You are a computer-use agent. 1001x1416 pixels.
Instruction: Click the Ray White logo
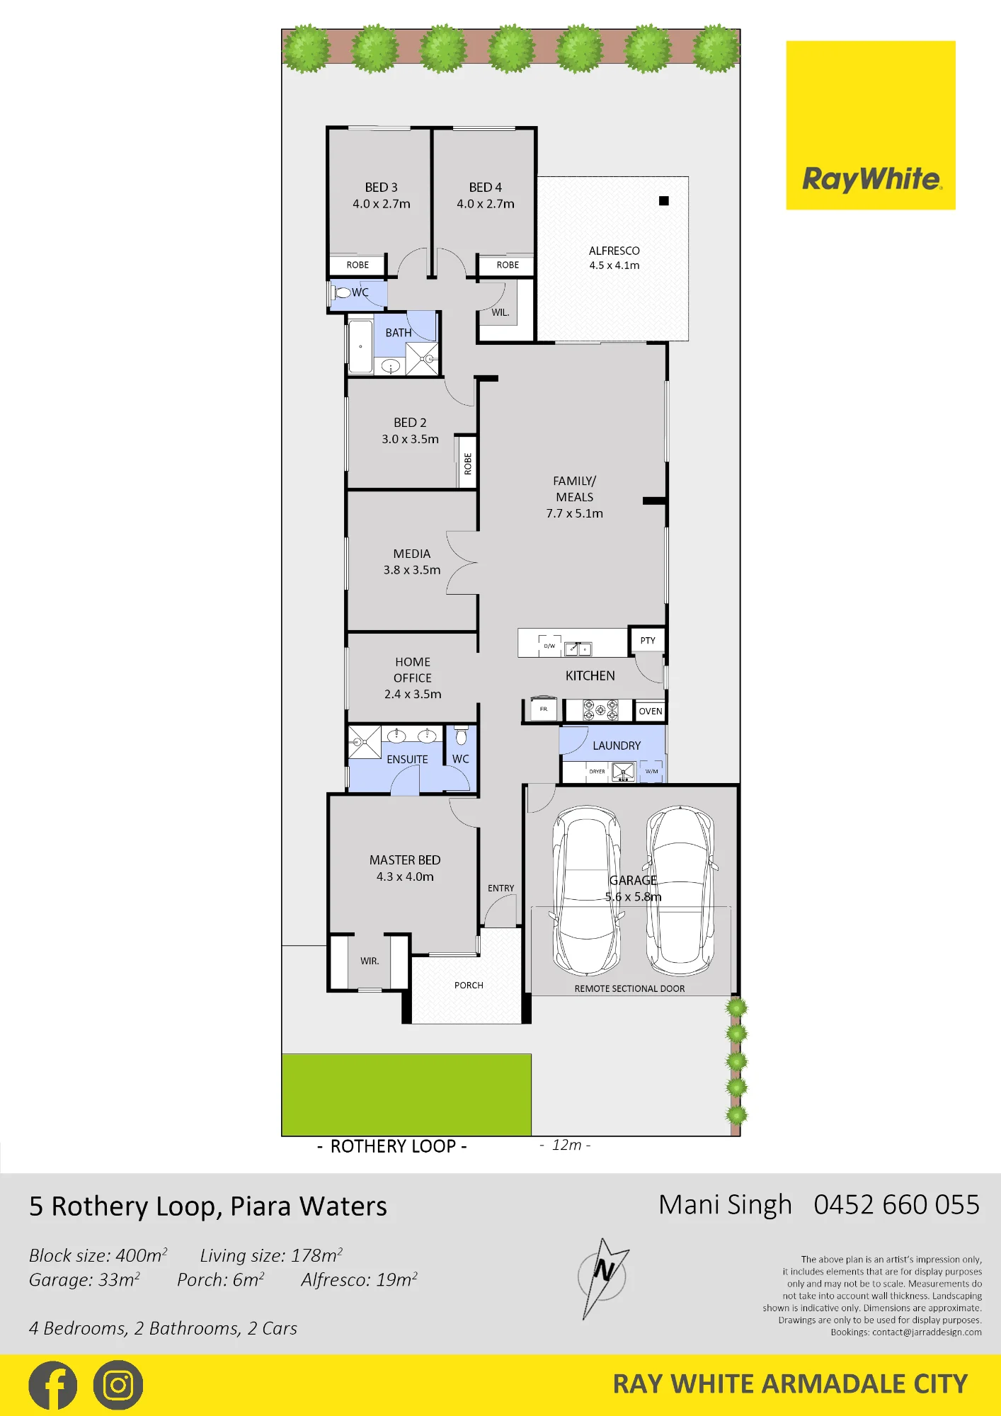(871, 125)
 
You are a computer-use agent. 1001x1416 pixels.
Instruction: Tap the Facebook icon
(53, 1386)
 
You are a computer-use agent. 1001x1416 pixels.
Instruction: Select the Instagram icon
(118, 1386)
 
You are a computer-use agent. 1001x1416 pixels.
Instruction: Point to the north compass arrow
(603, 1278)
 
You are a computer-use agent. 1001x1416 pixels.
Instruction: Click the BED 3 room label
(381, 188)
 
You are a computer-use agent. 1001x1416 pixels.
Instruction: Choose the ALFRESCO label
(614, 251)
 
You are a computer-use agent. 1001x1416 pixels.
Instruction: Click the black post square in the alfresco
(664, 201)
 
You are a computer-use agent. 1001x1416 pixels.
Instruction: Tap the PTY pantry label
(648, 641)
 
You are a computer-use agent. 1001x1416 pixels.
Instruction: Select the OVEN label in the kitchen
(651, 712)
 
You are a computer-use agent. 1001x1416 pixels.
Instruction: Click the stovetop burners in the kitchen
(600, 709)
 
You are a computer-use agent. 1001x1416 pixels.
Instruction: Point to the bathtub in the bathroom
(361, 347)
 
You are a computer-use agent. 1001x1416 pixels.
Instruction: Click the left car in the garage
(586, 891)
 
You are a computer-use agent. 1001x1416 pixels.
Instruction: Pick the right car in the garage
(680, 891)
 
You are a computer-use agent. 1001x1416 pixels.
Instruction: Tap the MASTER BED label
(405, 860)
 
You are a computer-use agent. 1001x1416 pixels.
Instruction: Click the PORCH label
(469, 986)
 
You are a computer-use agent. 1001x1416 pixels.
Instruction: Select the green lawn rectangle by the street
(406, 1095)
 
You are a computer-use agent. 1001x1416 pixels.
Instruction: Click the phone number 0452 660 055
(896, 1205)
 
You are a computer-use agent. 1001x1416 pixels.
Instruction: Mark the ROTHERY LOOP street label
(393, 1146)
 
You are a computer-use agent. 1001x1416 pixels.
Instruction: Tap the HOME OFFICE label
(413, 670)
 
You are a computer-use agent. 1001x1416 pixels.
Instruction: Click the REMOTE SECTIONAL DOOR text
(629, 989)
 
